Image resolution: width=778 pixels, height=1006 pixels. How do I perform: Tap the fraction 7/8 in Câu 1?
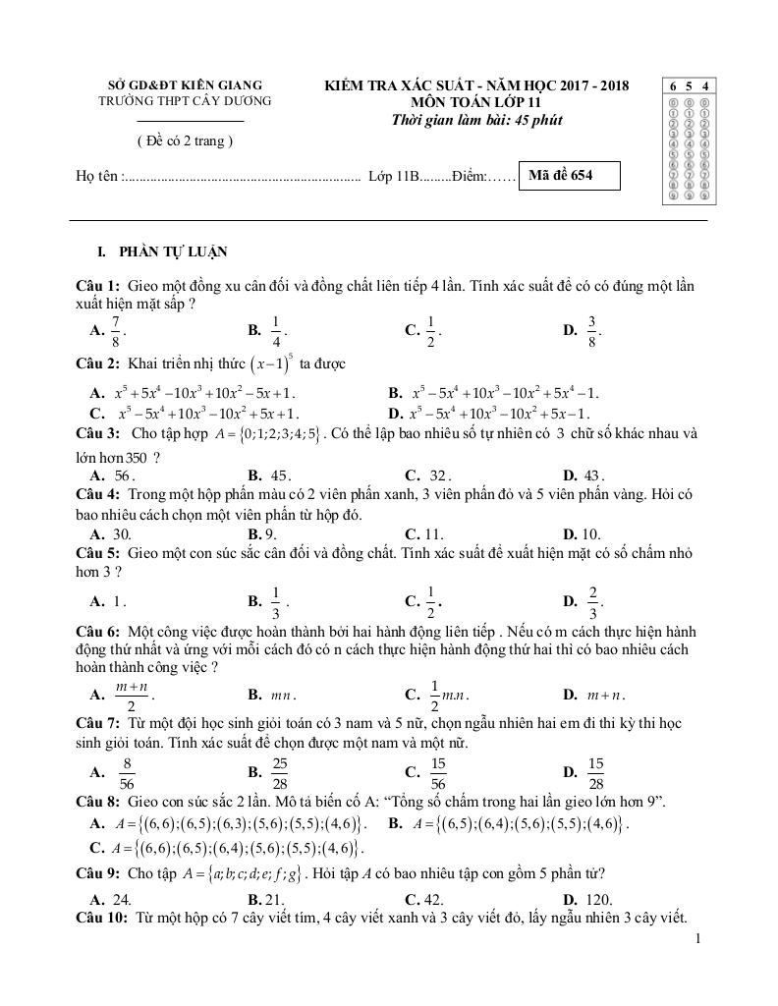[116, 332]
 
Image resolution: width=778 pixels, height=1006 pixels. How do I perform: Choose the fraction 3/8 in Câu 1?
[592, 332]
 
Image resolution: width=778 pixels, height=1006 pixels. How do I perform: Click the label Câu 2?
[98, 363]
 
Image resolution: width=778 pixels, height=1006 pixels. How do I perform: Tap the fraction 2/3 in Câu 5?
[592, 600]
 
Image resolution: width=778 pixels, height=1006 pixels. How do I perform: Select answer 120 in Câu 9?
[596, 899]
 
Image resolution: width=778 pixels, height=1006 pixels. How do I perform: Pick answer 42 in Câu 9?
[437, 899]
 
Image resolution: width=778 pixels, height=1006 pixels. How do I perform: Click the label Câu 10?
[102, 918]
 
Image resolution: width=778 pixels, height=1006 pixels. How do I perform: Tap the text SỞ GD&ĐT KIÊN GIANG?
[185, 85]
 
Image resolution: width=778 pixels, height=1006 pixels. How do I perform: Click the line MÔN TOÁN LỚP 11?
[475, 102]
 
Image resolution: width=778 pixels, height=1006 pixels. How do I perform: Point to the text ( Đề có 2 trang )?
[185, 140]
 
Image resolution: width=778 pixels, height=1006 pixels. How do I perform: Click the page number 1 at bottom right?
[697, 939]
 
